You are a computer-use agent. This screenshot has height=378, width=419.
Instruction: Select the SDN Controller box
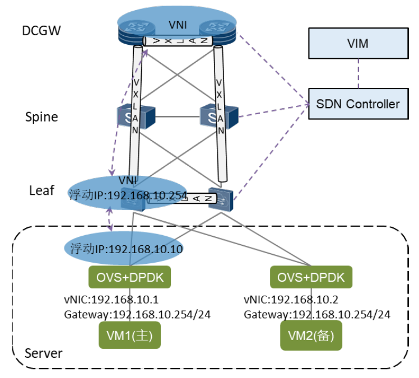(358, 104)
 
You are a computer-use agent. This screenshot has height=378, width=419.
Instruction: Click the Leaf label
(41, 190)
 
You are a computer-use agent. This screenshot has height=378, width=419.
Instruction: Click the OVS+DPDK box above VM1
(130, 277)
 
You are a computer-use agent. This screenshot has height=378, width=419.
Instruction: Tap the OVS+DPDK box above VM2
(311, 277)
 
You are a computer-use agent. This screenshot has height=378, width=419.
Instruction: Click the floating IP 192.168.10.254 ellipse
(127, 194)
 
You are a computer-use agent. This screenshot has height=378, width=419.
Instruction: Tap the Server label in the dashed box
(44, 353)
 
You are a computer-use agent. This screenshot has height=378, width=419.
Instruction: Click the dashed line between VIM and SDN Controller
(358, 73)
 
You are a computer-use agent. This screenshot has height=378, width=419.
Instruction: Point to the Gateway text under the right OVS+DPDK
(316, 314)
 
